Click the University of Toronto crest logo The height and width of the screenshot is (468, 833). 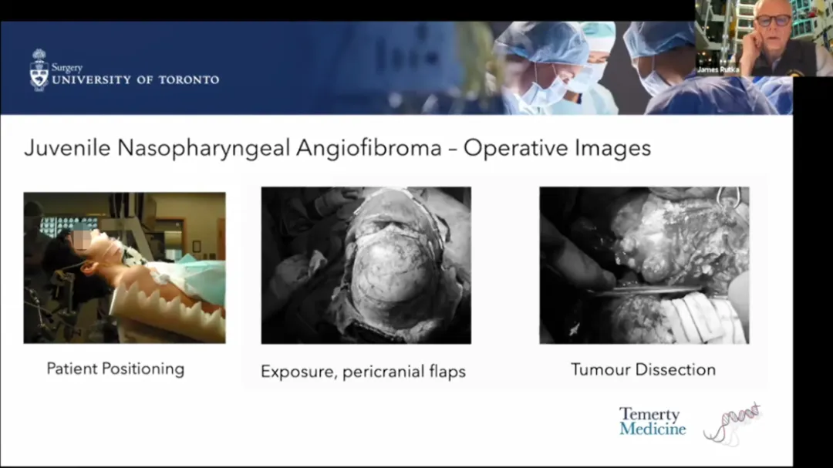39,70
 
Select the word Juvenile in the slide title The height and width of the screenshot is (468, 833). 66,148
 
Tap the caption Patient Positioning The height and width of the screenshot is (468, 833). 116,369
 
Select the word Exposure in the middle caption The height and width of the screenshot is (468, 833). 295,372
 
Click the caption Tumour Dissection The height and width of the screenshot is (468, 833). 643,369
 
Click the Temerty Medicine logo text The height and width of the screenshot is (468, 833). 652,422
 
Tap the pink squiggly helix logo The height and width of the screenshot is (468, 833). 733,423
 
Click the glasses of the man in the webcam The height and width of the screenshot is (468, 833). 773,21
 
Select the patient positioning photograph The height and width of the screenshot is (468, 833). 124,268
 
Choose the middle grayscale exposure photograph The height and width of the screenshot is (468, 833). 366,265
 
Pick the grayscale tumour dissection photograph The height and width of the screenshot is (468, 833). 644,265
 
